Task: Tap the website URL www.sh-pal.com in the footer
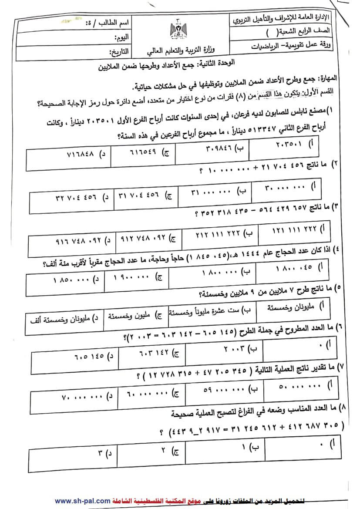pyautogui.click(x=82, y=501)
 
